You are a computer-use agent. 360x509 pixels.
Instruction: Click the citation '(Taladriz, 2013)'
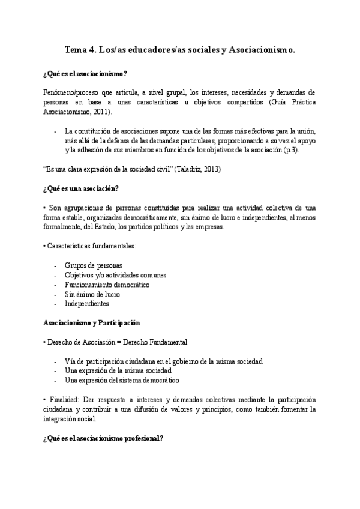coord(197,170)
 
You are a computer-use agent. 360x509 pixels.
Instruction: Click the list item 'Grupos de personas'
coord(94,265)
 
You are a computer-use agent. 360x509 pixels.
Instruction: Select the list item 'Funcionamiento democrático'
coord(107,285)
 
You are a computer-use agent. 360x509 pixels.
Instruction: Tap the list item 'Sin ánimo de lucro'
coord(92,294)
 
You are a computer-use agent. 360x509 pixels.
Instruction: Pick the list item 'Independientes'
coord(87,304)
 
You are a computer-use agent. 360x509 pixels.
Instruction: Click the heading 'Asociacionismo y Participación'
coord(91,323)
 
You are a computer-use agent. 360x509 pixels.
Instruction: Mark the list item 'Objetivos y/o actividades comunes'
coord(116,275)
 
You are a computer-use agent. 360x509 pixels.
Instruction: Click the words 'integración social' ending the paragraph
coord(69,418)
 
